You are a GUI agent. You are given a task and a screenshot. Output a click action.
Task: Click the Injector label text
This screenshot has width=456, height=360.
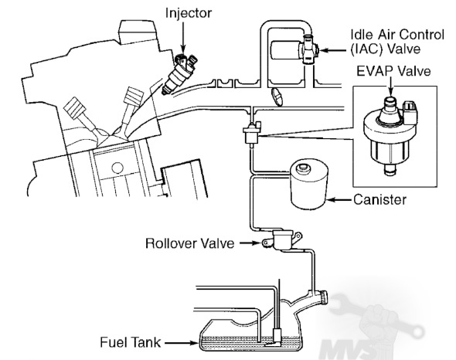pyautogui.click(x=189, y=13)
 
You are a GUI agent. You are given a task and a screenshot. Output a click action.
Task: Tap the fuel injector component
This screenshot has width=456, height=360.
pyautogui.click(x=179, y=74)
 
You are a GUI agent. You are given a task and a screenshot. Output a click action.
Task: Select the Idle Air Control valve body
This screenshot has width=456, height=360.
pyautogui.click(x=294, y=50)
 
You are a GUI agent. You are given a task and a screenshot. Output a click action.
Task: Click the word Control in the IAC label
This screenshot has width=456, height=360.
pyautogui.click(x=422, y=35)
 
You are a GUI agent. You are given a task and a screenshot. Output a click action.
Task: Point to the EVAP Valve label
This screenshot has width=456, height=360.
pyautogui.click(x=393, y=71)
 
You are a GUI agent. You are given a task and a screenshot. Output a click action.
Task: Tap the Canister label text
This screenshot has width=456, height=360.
pyautogui.click(x=379, y=200)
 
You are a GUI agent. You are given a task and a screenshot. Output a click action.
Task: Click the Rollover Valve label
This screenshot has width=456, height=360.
pyautogui.click(x=189, y=243)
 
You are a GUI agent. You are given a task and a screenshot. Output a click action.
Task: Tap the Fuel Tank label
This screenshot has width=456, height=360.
pyautogui.click(x=130, y=342)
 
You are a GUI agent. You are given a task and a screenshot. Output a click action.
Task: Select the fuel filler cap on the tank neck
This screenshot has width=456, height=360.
pyautogui.click(x=323, y=297)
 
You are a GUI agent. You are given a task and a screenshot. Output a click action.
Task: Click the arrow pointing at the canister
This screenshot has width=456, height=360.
pyautogui.click(x=340, y=200)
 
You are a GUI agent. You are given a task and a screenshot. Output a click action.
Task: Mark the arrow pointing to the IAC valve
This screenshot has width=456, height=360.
pyautogui.click(x=333, y=50)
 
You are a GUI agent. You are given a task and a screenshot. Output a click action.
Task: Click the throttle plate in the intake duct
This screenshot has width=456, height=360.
pyautogui.click(x=277, y=97)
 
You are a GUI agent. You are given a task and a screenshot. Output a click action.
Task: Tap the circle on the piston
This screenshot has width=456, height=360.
pyautogui.click(x=117, y=168)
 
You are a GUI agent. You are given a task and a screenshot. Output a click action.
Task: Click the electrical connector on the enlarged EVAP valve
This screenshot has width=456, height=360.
pyautogui.click(x=410, y=110)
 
